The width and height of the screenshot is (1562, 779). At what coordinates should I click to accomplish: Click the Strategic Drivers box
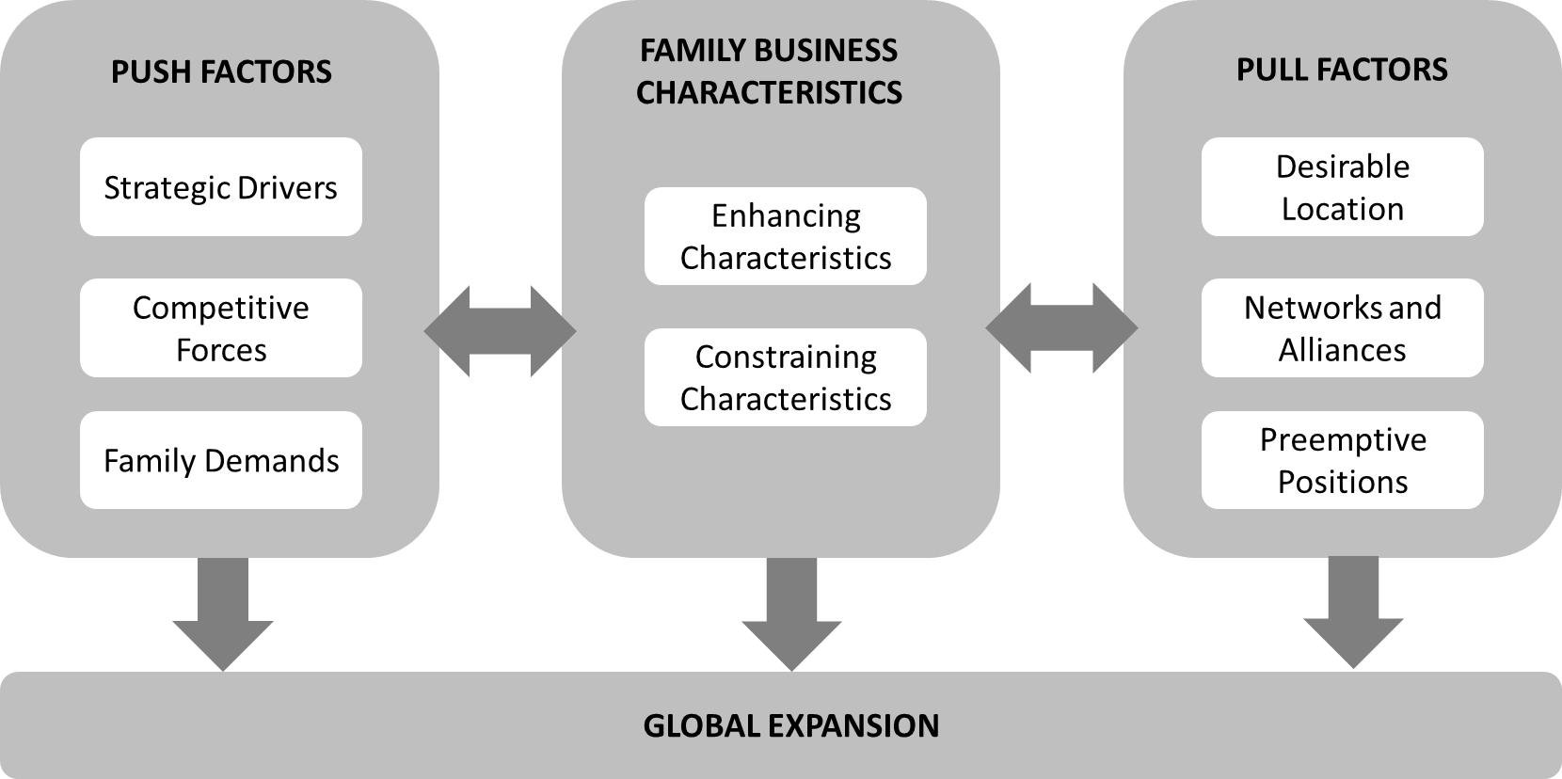pos(220,187)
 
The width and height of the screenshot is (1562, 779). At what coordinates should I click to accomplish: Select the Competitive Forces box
pos(220,328)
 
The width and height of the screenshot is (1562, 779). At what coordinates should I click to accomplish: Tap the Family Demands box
pos(220,460)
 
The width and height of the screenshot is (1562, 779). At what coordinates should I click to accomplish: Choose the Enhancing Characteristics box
pos(785,236)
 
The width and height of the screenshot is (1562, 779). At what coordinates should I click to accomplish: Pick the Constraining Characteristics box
pos(785,377)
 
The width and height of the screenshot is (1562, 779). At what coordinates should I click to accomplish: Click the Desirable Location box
pos(1342,187)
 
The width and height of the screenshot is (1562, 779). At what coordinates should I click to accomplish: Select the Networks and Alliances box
pos(1342,328)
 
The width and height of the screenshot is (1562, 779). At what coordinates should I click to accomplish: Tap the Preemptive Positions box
pos(1342,460)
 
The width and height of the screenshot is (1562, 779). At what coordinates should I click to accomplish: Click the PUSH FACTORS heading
pos(221,72)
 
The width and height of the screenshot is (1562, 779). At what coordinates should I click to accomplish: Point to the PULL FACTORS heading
pos(1342,70)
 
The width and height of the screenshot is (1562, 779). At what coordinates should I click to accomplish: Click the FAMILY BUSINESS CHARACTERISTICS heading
pos(769,72)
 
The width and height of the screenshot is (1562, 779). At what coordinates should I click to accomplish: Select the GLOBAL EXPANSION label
pos(790,725)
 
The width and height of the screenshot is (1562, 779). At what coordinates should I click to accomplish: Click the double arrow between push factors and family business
pos(500,330)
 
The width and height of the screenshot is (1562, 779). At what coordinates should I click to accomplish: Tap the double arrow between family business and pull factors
pos(1061,328)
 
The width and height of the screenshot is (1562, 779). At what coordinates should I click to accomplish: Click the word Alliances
pos(1342,350)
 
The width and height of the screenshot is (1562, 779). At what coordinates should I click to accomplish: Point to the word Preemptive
pos(1343,439)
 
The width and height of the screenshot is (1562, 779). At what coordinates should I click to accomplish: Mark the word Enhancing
pos(786,215)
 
